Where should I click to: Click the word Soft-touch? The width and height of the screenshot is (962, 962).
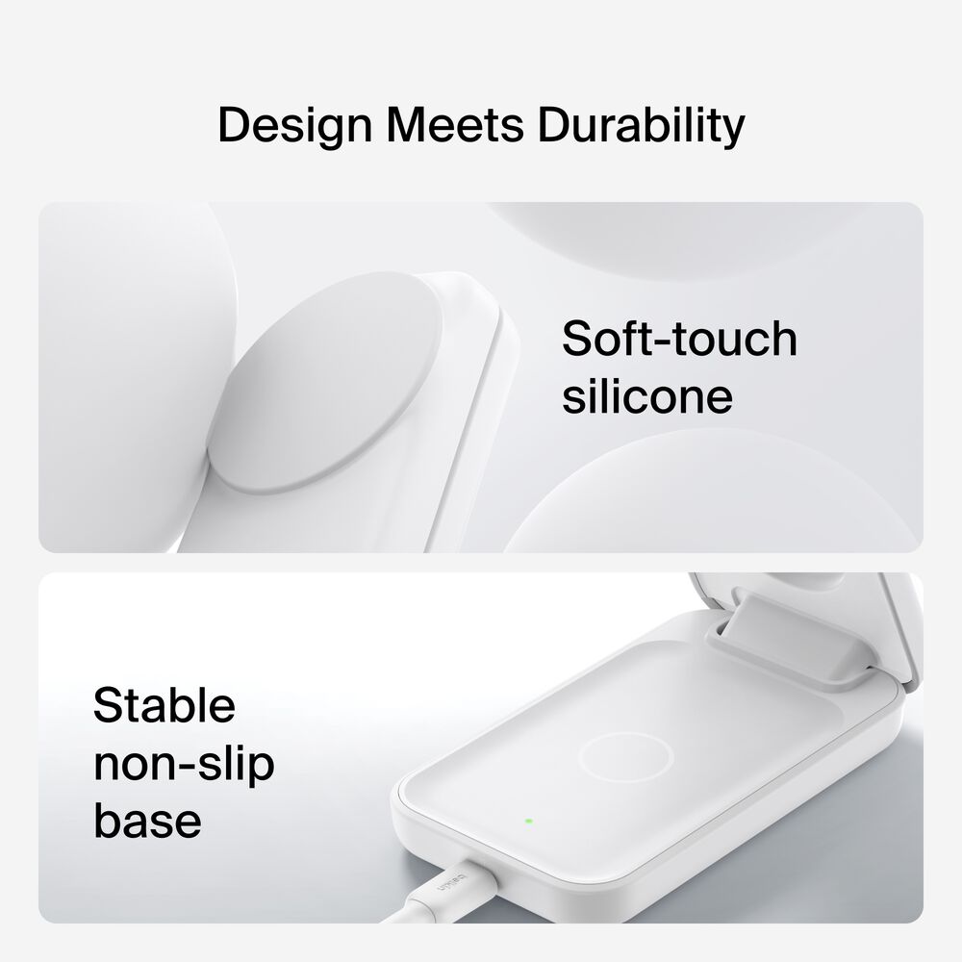point(679,339)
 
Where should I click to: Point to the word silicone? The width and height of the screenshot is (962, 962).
point(646,396)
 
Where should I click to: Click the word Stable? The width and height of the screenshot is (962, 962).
point(165,705)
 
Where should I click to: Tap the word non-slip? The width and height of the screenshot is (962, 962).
point(184,764)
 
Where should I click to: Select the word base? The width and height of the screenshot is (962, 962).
point(147,821)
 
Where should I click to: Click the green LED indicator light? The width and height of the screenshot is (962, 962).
point(528,822)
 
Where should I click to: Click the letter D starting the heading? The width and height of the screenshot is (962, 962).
point(234,126)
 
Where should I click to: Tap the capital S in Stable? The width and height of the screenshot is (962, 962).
point(108,705)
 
